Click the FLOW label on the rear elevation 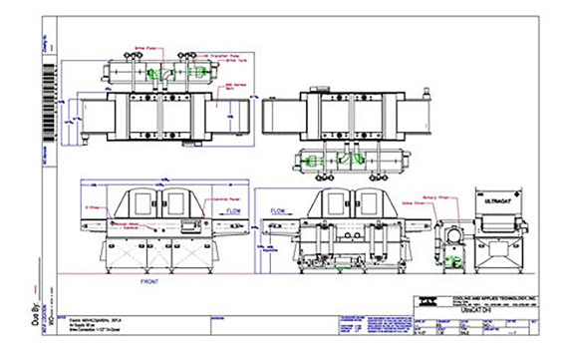pyautogui.click(x=281, y=211)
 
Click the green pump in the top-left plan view pyautogui.click(x=151, y=74)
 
